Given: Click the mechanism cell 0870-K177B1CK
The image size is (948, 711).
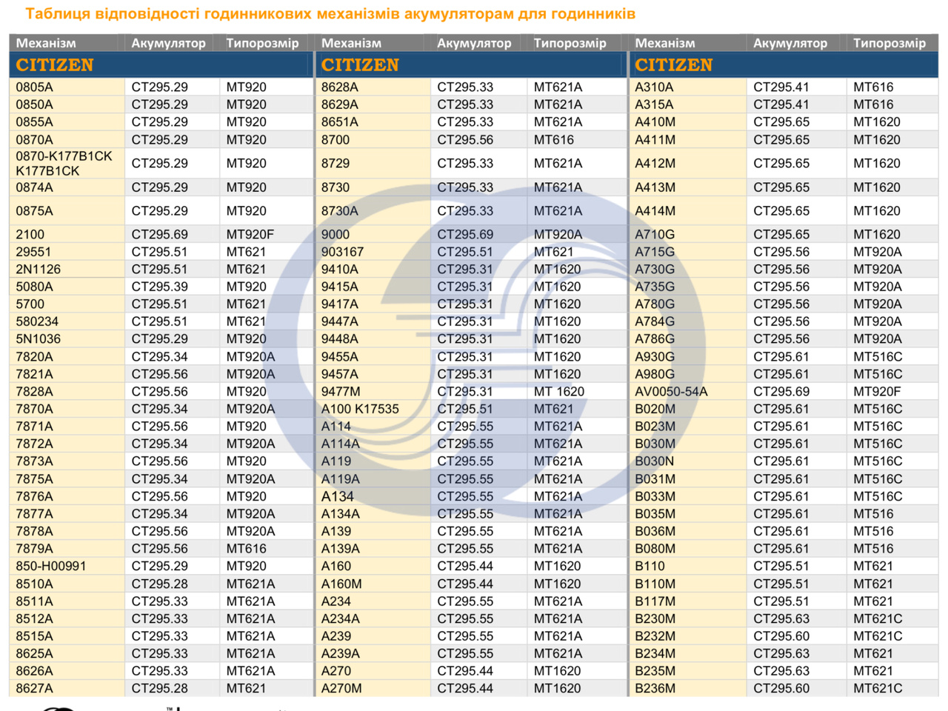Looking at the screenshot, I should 64,163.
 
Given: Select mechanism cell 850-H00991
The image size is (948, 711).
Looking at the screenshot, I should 51,566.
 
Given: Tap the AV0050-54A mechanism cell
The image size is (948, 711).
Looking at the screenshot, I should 671,391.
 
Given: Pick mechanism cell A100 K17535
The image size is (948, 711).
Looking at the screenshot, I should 360,409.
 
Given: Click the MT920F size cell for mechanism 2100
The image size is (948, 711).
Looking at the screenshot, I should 250,234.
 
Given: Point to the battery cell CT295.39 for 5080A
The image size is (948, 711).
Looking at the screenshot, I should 159,287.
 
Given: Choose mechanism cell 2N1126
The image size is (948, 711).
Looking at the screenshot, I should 39,269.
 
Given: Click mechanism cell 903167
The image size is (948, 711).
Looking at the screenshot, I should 342,252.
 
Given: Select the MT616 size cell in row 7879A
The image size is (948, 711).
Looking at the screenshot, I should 247,549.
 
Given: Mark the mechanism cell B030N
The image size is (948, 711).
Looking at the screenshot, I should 655,461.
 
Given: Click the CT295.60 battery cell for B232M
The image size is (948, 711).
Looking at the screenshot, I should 781,636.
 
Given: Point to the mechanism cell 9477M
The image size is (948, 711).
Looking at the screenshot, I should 341,391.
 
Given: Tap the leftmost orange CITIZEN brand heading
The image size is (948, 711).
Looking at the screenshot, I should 55,65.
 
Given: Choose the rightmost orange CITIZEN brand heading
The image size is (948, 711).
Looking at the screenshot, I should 673,65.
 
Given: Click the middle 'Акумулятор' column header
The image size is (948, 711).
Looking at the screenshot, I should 474,43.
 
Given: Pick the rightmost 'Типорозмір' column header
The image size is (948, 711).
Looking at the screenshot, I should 889,43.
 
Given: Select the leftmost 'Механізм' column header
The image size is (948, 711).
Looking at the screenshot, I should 46,43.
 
